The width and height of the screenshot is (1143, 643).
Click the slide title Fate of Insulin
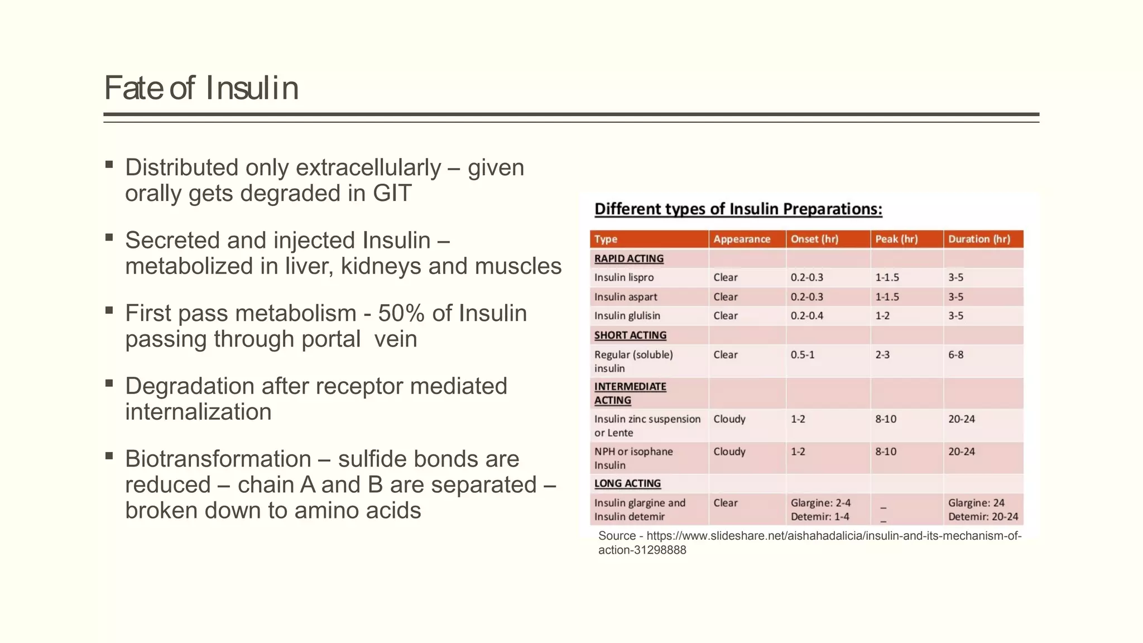[x=201, y=88]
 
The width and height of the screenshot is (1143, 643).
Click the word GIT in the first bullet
[x=392, y=194]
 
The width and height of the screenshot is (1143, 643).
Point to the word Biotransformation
[x=218, y=459]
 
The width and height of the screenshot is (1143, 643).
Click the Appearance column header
[x=742, y=239]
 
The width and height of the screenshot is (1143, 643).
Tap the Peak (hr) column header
[x=896, y=239]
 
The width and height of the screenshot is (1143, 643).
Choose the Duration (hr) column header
[x=979, y=239]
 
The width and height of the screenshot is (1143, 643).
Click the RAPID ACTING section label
[x=628, y=258]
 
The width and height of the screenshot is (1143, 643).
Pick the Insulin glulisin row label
[x=627, y=316]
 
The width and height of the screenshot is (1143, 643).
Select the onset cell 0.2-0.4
[x=806, y=316]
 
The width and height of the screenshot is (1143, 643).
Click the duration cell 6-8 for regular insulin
[x=955, y=354]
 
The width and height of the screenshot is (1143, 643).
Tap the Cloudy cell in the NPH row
[x=729, y=452]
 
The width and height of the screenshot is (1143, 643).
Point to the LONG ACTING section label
[x=627, y=483]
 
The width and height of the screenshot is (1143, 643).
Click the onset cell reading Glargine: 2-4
[x=820, y=503]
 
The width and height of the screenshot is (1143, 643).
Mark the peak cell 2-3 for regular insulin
[x=882, y=354]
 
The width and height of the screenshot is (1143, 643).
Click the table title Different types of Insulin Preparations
[x=738, y=209]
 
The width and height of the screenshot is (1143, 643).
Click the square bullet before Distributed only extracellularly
[x=109, y=165]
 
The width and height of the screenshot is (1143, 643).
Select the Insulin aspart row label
[x=625, y=297]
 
